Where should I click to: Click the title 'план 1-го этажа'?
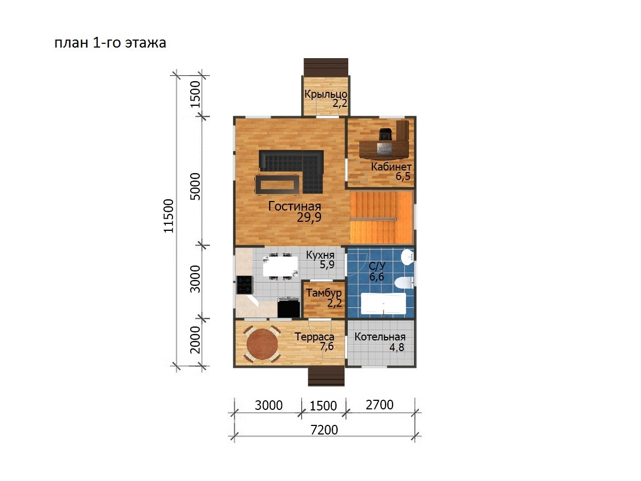[x=110, y=43]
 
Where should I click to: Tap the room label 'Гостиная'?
[x=294, y=206]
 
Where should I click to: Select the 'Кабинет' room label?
[x=391, y=167]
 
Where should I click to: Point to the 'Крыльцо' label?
[x=326, y=95]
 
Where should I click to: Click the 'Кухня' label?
[x=320, y=255]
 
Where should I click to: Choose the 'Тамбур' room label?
[x=324, y=293]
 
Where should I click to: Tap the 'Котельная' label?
[x=380, y=337]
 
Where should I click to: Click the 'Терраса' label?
[x=314, y=337]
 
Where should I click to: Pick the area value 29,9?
[x=309, y=218]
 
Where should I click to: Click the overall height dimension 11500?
[x=169, y=216]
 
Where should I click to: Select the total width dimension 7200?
[x=324, y=430]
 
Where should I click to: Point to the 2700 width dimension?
[x=379, y=405]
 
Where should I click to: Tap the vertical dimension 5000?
[x=195, y=187]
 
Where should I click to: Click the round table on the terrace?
[x=262, y=344]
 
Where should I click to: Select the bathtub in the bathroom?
[x=383, y=304]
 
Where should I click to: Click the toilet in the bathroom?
[x=404, y=282]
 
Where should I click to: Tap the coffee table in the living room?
[x=277, y=184]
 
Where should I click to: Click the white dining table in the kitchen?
[x=280, y=266]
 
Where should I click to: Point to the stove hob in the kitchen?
[x=245, y=285]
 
